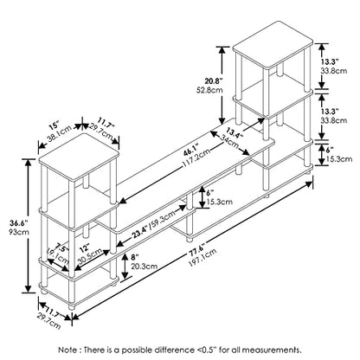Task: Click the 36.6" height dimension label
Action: click(19, 223)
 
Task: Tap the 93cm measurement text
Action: click(19, 232)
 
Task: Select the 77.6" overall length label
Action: click(196, 249)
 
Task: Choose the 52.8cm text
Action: click(209, 90)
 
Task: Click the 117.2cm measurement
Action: click(196, 159)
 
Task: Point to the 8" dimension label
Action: click(135, 257)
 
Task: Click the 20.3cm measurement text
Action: click(145, 266)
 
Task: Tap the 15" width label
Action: click(54, 126)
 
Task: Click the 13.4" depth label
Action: click(233, 132)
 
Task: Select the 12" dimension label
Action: click(85, 247)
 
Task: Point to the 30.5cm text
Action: click(90, 255)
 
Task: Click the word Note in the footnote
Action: click(68, 350)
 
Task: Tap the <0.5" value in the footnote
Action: click(207, 350)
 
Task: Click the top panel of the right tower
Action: click(273, 45)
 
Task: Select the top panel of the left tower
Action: click(79, 157)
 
